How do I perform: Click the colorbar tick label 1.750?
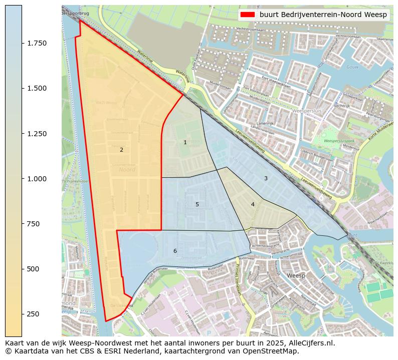pos(37,43)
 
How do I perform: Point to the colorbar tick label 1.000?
pos(37,179)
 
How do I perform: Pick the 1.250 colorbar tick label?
pos(37,134)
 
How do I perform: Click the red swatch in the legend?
pos(248,15)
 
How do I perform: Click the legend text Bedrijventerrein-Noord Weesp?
pos(323,15)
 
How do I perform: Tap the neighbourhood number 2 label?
pos(121,150)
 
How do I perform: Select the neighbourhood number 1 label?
pos(185,142)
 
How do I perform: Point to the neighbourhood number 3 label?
pos(266,178)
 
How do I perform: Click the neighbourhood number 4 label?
pos(253,204)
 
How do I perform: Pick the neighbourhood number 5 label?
pos(197,204)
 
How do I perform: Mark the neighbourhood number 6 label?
pos(175,251)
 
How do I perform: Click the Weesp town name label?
pos(296,275)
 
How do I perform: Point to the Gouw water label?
pos(352,67)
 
